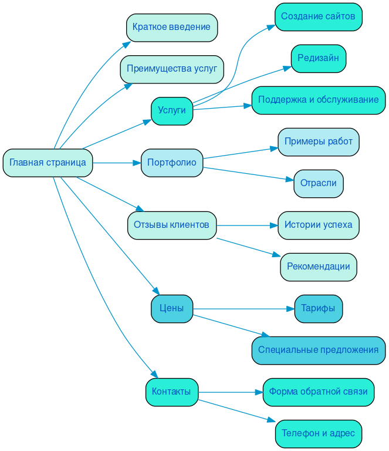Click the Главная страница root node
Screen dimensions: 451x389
pos(48,163)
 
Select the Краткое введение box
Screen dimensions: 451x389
pos(171,28)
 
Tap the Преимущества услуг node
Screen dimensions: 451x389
pos(171,69)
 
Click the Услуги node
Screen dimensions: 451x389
pos(171,111)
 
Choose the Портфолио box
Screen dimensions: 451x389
pos(171,163)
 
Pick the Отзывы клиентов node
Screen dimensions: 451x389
pos(171,225)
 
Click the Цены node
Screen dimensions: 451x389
pos(171,308)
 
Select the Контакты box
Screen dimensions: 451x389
pos(171,392)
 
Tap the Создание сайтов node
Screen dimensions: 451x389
pos(318,16)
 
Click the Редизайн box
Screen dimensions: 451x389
pos(318,58)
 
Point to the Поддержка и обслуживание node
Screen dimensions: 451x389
pos(318,100)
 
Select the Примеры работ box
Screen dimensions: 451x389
pos(318,142)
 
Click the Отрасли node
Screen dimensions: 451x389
pos(318,183)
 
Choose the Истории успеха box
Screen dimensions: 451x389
pos(318,225)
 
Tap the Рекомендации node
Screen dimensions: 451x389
pos(318,267)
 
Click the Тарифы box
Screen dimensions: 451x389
pos(318,308)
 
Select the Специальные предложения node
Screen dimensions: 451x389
pos(318,350)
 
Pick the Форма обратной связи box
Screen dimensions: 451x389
pos(318,392)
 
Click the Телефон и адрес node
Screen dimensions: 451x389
pos(318,433)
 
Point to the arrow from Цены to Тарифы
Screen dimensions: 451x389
pos(243,308)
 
